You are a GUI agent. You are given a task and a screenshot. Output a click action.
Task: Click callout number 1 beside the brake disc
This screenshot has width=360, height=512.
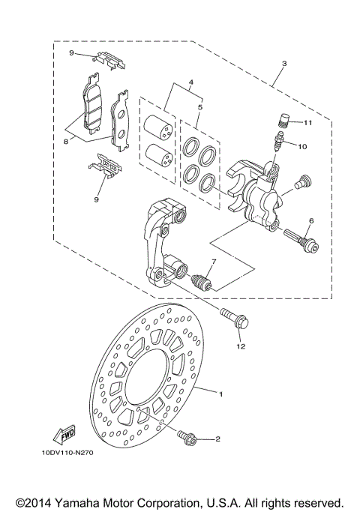(x=221, y=392)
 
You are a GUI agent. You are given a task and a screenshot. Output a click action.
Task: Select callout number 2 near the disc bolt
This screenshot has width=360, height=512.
(x=217, y=440)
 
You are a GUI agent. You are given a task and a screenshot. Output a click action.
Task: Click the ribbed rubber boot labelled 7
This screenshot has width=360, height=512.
(x=202, y=283)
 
